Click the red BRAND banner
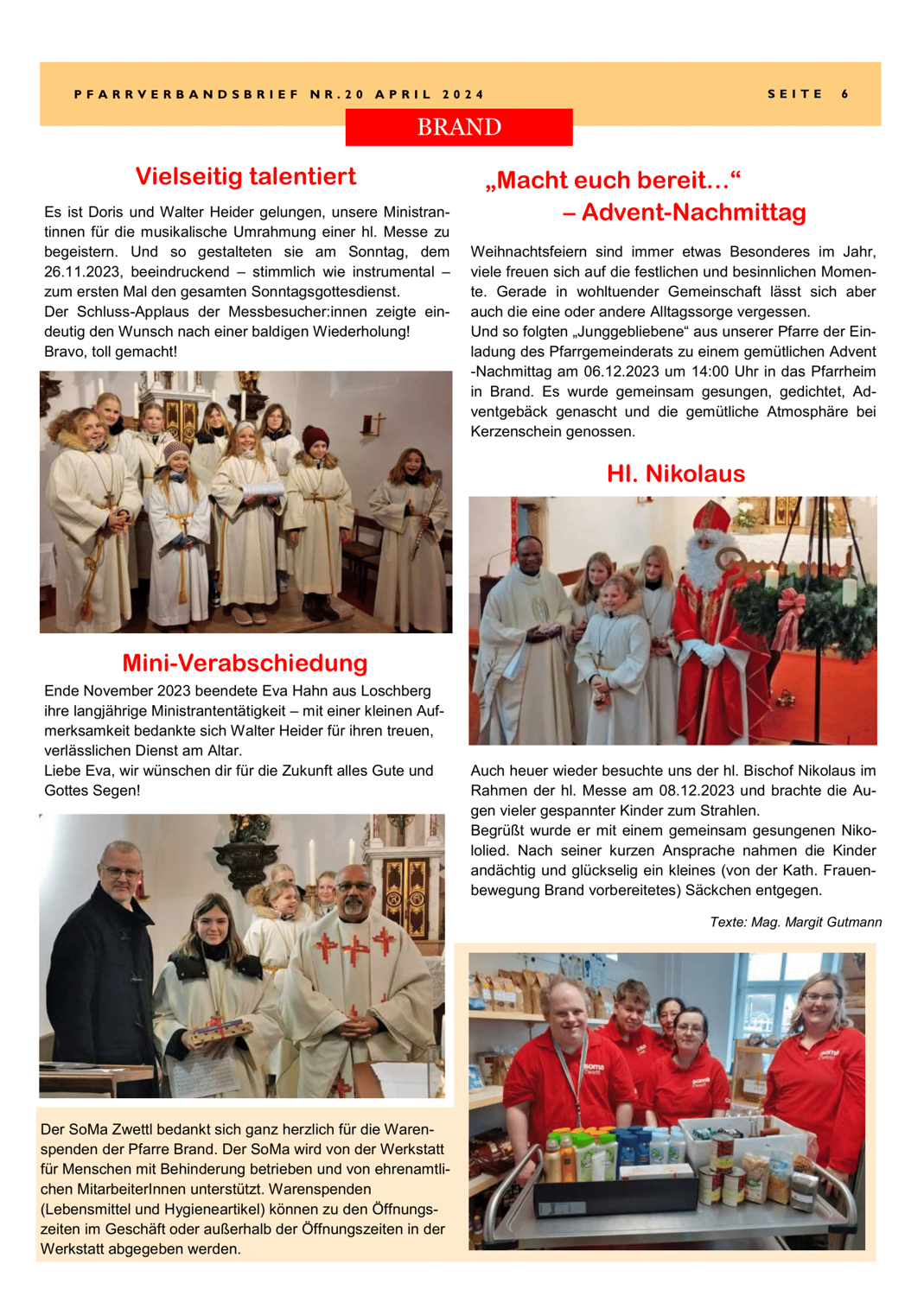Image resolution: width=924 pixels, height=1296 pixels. [x=459, y=127]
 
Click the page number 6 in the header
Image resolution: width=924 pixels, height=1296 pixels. [x=845, y=94]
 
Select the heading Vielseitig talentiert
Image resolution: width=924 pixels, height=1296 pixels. [x=245, y=176]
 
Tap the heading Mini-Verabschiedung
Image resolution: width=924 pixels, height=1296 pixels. [x=245, y=663]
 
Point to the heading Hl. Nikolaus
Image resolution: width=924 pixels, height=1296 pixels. [x=675, y=473]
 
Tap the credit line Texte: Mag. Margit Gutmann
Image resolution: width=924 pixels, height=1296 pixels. [x=795, y=923]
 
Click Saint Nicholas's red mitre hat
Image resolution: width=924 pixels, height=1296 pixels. [x=713, y=516]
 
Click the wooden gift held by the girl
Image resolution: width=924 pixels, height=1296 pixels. [x=222, y=1028]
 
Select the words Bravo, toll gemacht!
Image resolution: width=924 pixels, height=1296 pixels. [x=111, y=352]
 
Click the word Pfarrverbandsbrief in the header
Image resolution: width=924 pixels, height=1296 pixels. [x=186, y=94]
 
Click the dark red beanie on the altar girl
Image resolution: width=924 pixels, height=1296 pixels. [x=315, y=436]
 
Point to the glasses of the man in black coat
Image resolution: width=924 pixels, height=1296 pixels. [x=121, y=873]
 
